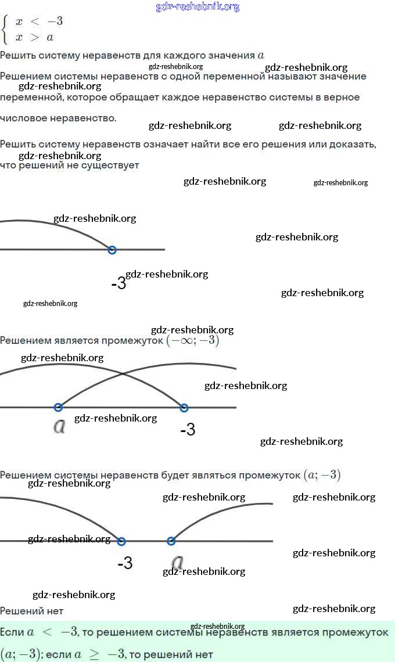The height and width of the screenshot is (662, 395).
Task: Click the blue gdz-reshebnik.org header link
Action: point(198,7)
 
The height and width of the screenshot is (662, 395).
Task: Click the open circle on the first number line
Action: point(112,250)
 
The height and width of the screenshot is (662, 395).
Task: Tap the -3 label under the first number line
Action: point(118,284)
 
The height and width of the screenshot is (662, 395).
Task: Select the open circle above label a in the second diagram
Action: point(58,408)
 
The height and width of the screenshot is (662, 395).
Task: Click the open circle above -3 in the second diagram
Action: point(184,408)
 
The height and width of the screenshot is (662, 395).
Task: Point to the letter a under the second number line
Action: point(59,427)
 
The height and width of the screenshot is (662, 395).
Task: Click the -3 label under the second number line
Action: point(188,430)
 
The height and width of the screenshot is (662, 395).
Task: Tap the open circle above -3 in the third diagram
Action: point(121,541)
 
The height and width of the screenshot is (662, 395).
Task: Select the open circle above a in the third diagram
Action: point(171,541)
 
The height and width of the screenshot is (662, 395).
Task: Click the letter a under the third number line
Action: point(178,562)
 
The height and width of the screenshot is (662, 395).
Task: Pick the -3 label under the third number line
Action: point(125,563)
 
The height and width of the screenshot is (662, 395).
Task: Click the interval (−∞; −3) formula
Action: point(193,341)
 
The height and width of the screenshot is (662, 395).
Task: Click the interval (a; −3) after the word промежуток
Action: point(322,475)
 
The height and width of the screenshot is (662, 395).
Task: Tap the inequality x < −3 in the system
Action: point(39,21)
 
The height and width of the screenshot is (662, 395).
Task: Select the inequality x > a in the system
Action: point(35,37)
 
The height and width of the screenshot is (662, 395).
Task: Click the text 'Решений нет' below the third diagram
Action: point(31,611)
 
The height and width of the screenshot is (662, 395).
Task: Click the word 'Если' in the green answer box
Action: point(12,632)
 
